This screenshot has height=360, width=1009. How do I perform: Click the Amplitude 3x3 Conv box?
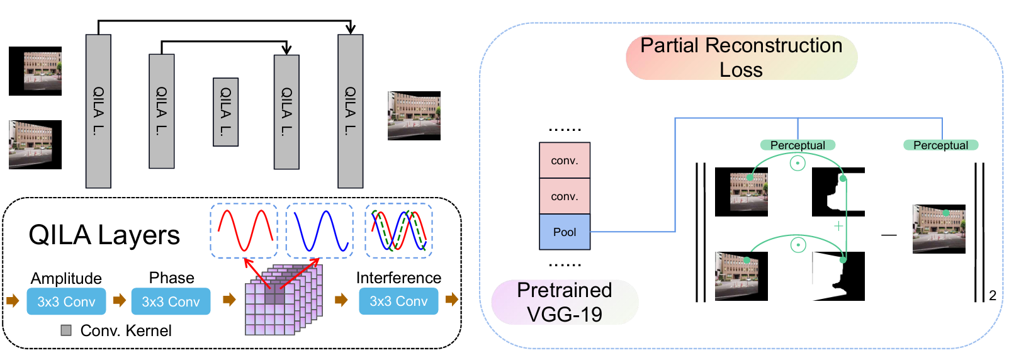[x=66, y=301]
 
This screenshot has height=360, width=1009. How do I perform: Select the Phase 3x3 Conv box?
[x=171, y=301]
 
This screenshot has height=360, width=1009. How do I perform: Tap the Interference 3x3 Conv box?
[x=398, y=301]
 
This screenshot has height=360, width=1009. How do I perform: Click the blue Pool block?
[x=565, y=232]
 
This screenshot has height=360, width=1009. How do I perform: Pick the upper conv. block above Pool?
[x=565, y=160]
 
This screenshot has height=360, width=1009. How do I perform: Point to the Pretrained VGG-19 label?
[x=565, y=302]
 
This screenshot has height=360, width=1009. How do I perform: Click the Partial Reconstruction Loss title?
[x=741, y=57]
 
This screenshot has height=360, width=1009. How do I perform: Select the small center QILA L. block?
[x=225, y=112]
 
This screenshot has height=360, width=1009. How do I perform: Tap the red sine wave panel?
[x=244, y=230]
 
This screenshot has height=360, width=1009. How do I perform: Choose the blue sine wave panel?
[x=320, y=230]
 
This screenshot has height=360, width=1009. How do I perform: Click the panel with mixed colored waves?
[x=398, y=230]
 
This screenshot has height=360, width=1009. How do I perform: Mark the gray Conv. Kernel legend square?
[x=66, y=330]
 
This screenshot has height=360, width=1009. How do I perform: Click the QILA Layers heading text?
[x=104, y=235]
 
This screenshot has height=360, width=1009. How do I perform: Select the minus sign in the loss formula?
[x=889, y=235]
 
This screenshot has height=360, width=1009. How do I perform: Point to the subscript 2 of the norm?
[x=993, y=295]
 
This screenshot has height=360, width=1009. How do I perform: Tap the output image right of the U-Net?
[x=414, y=116]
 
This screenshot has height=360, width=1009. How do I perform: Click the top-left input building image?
[x=35, y=71]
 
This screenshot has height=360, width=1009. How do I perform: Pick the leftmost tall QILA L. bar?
[x=98, y=111]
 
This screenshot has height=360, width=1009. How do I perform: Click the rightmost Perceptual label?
[x=940, y=145]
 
